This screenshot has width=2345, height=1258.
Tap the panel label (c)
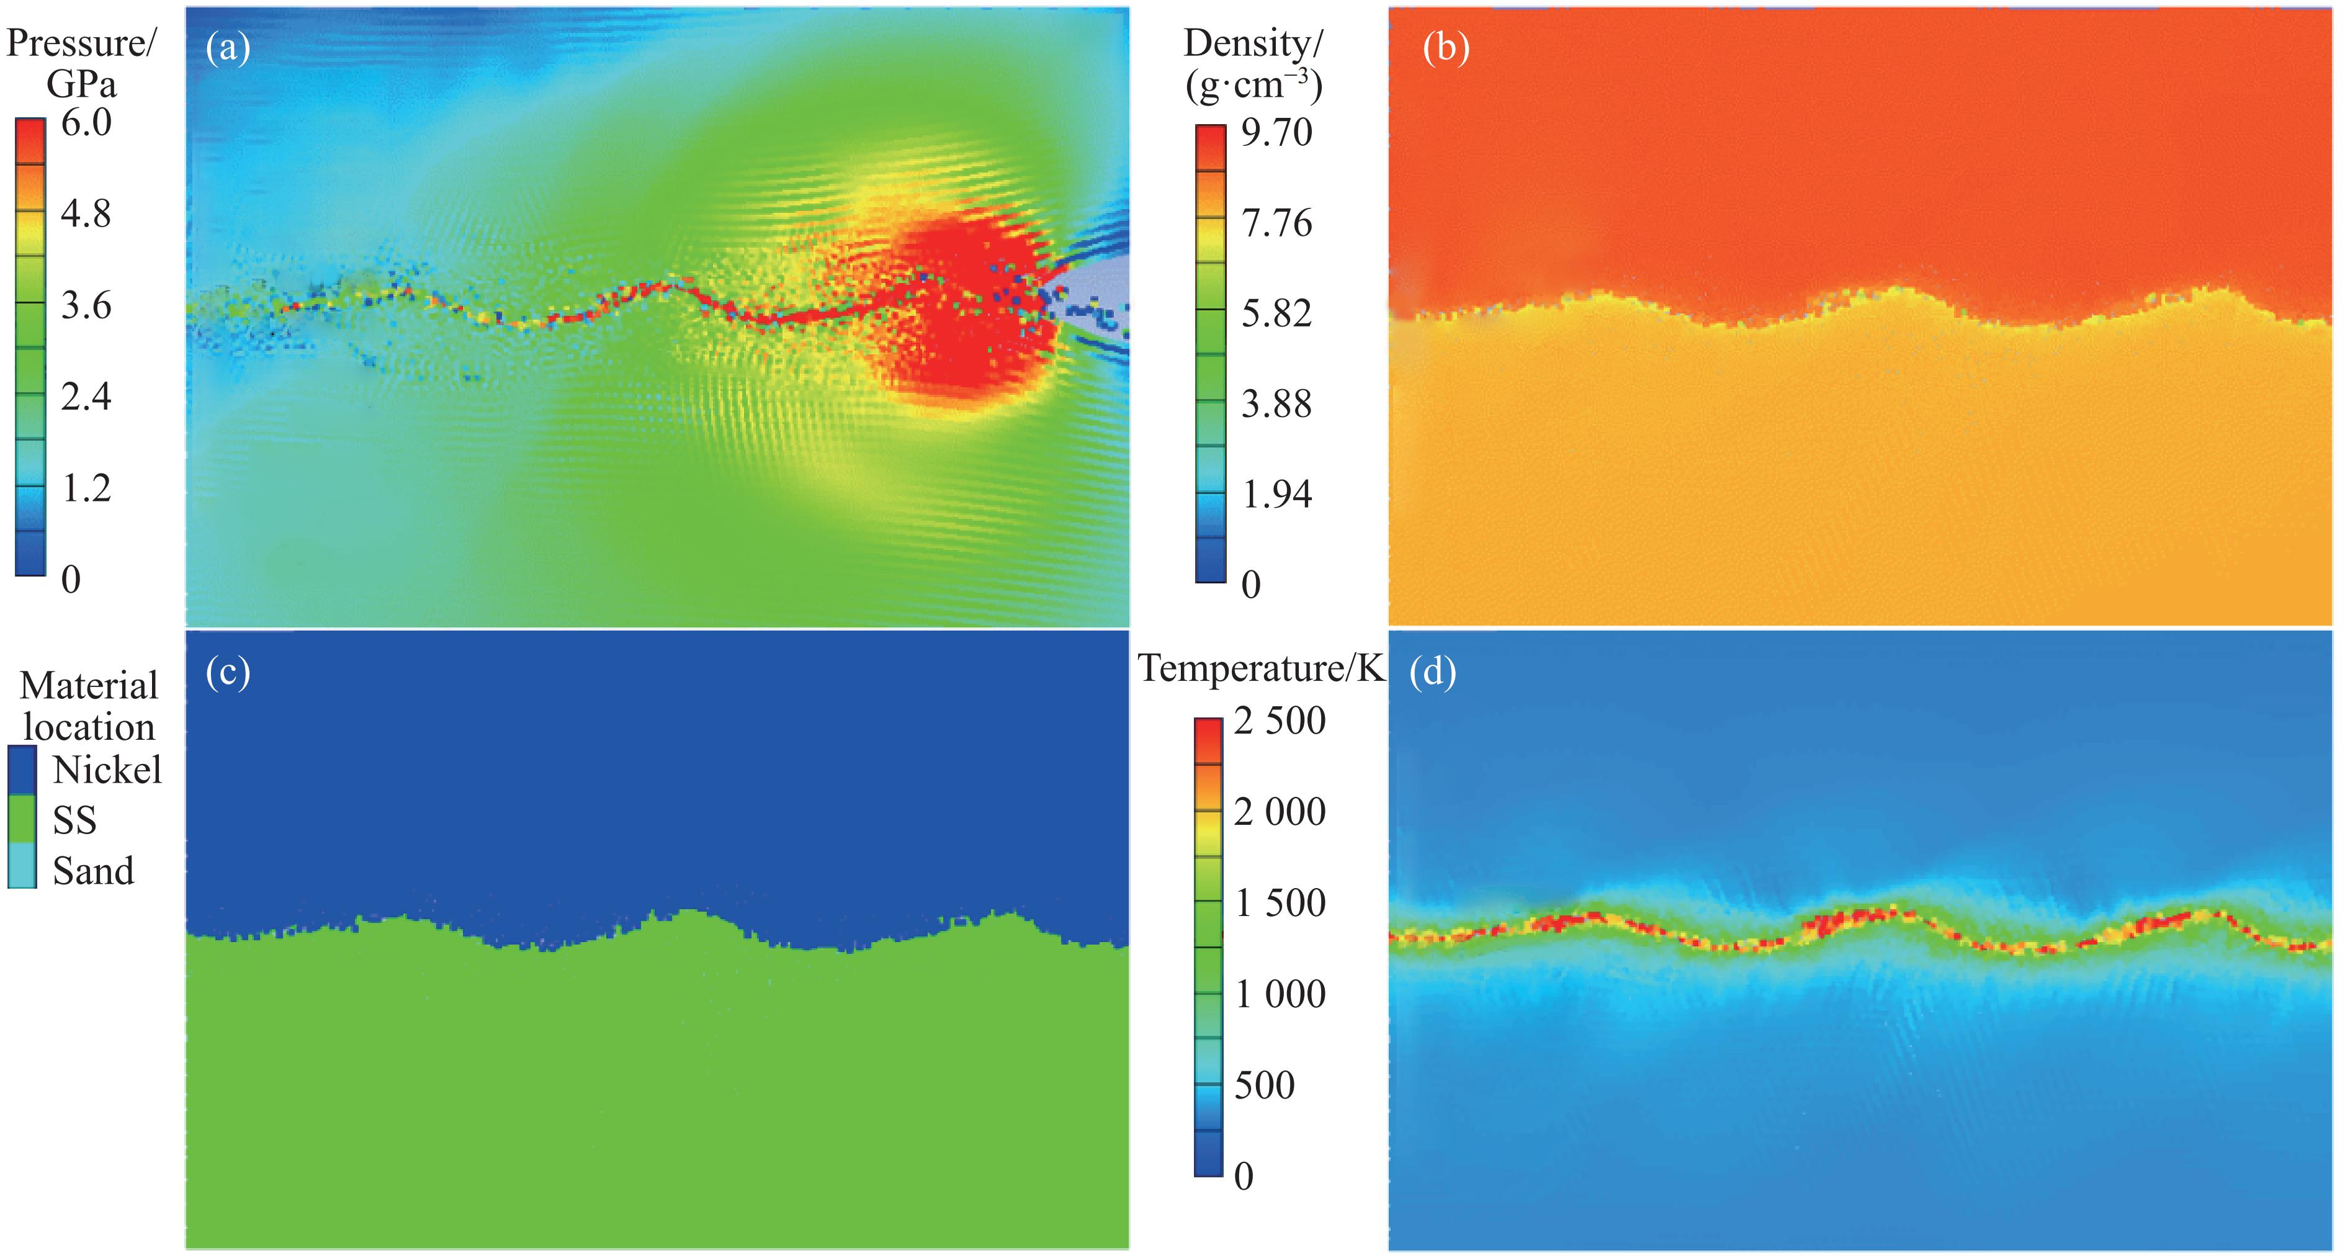pyautogui.click(x=228, y=673)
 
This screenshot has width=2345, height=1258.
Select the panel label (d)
pyautogui.click(x=1433, y=673)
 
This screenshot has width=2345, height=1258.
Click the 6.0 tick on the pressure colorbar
pyautogui.click(x=86, y=122)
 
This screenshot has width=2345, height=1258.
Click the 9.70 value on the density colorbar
pyautogui.click(x=1277, y=133)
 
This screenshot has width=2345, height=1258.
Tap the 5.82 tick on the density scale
pyautogui.click(x=1277, y=313)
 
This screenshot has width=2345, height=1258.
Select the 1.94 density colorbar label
pyautogui.click(x=1277, y=494)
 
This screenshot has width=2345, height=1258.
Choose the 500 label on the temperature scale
pyautogui.click(x=1265, y=1085)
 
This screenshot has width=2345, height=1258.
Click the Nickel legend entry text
pyautogui.click(x=107, y=771)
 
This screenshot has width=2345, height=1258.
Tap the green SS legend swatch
pyautogui.click(x=22, y=819)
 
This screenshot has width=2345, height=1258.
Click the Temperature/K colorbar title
pyautogui.click(x=1261, y=669)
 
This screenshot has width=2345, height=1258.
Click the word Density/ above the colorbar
pyautogui.click(x=1253, y=43)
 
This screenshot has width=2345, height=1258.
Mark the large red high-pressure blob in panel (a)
pyautogui.click(x=965, y=314)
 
